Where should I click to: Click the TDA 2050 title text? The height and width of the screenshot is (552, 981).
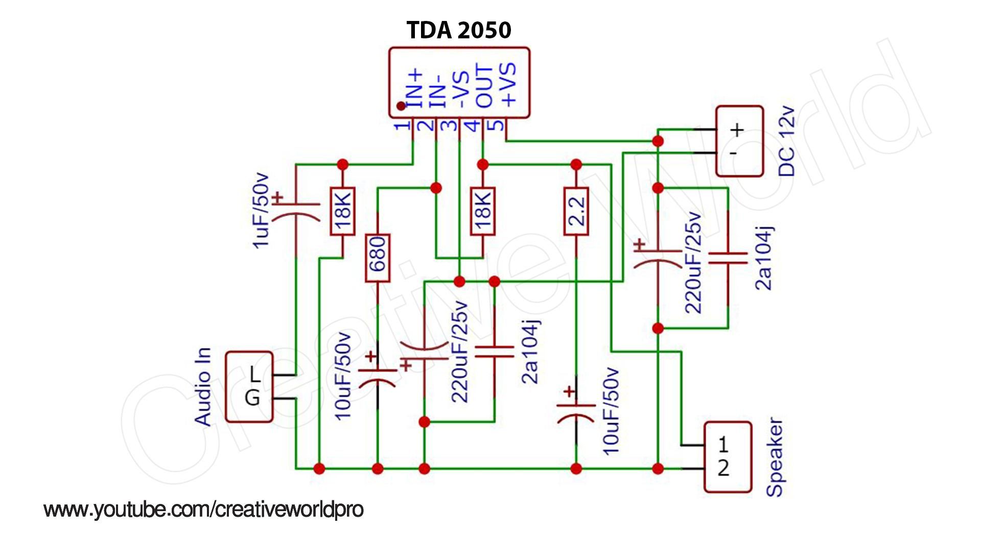(458, 30)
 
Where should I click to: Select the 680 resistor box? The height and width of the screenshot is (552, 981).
(378, 258)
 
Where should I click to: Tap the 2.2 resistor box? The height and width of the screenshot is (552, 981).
(576, 212)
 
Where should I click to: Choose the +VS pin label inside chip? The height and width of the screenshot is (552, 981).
(508, 84)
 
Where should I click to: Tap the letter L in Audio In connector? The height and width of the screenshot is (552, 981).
(254, 376)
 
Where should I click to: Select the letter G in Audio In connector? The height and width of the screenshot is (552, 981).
(252, 398)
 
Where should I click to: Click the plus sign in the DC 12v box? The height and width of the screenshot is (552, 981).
(736, 130)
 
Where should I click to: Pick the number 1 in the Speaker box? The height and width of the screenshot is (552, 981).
(723, 445)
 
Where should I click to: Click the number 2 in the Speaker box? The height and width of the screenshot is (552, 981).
(723, 468)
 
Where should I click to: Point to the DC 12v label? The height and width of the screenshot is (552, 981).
(786, 142)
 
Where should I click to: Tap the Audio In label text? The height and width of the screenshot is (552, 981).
(202, 387)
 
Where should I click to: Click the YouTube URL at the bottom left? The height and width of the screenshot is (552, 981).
(203, 510)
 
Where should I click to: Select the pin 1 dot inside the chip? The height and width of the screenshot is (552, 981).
(401, 106)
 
